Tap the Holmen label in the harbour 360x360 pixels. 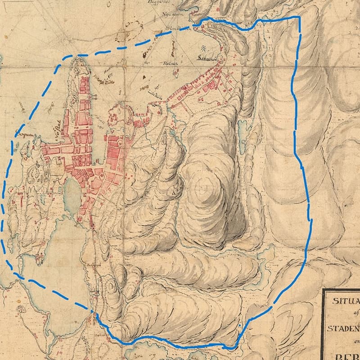[x=171, y=64]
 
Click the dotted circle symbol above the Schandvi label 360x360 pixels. [x=204, y=48]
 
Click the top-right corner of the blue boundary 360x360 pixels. [x=298, y=18]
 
